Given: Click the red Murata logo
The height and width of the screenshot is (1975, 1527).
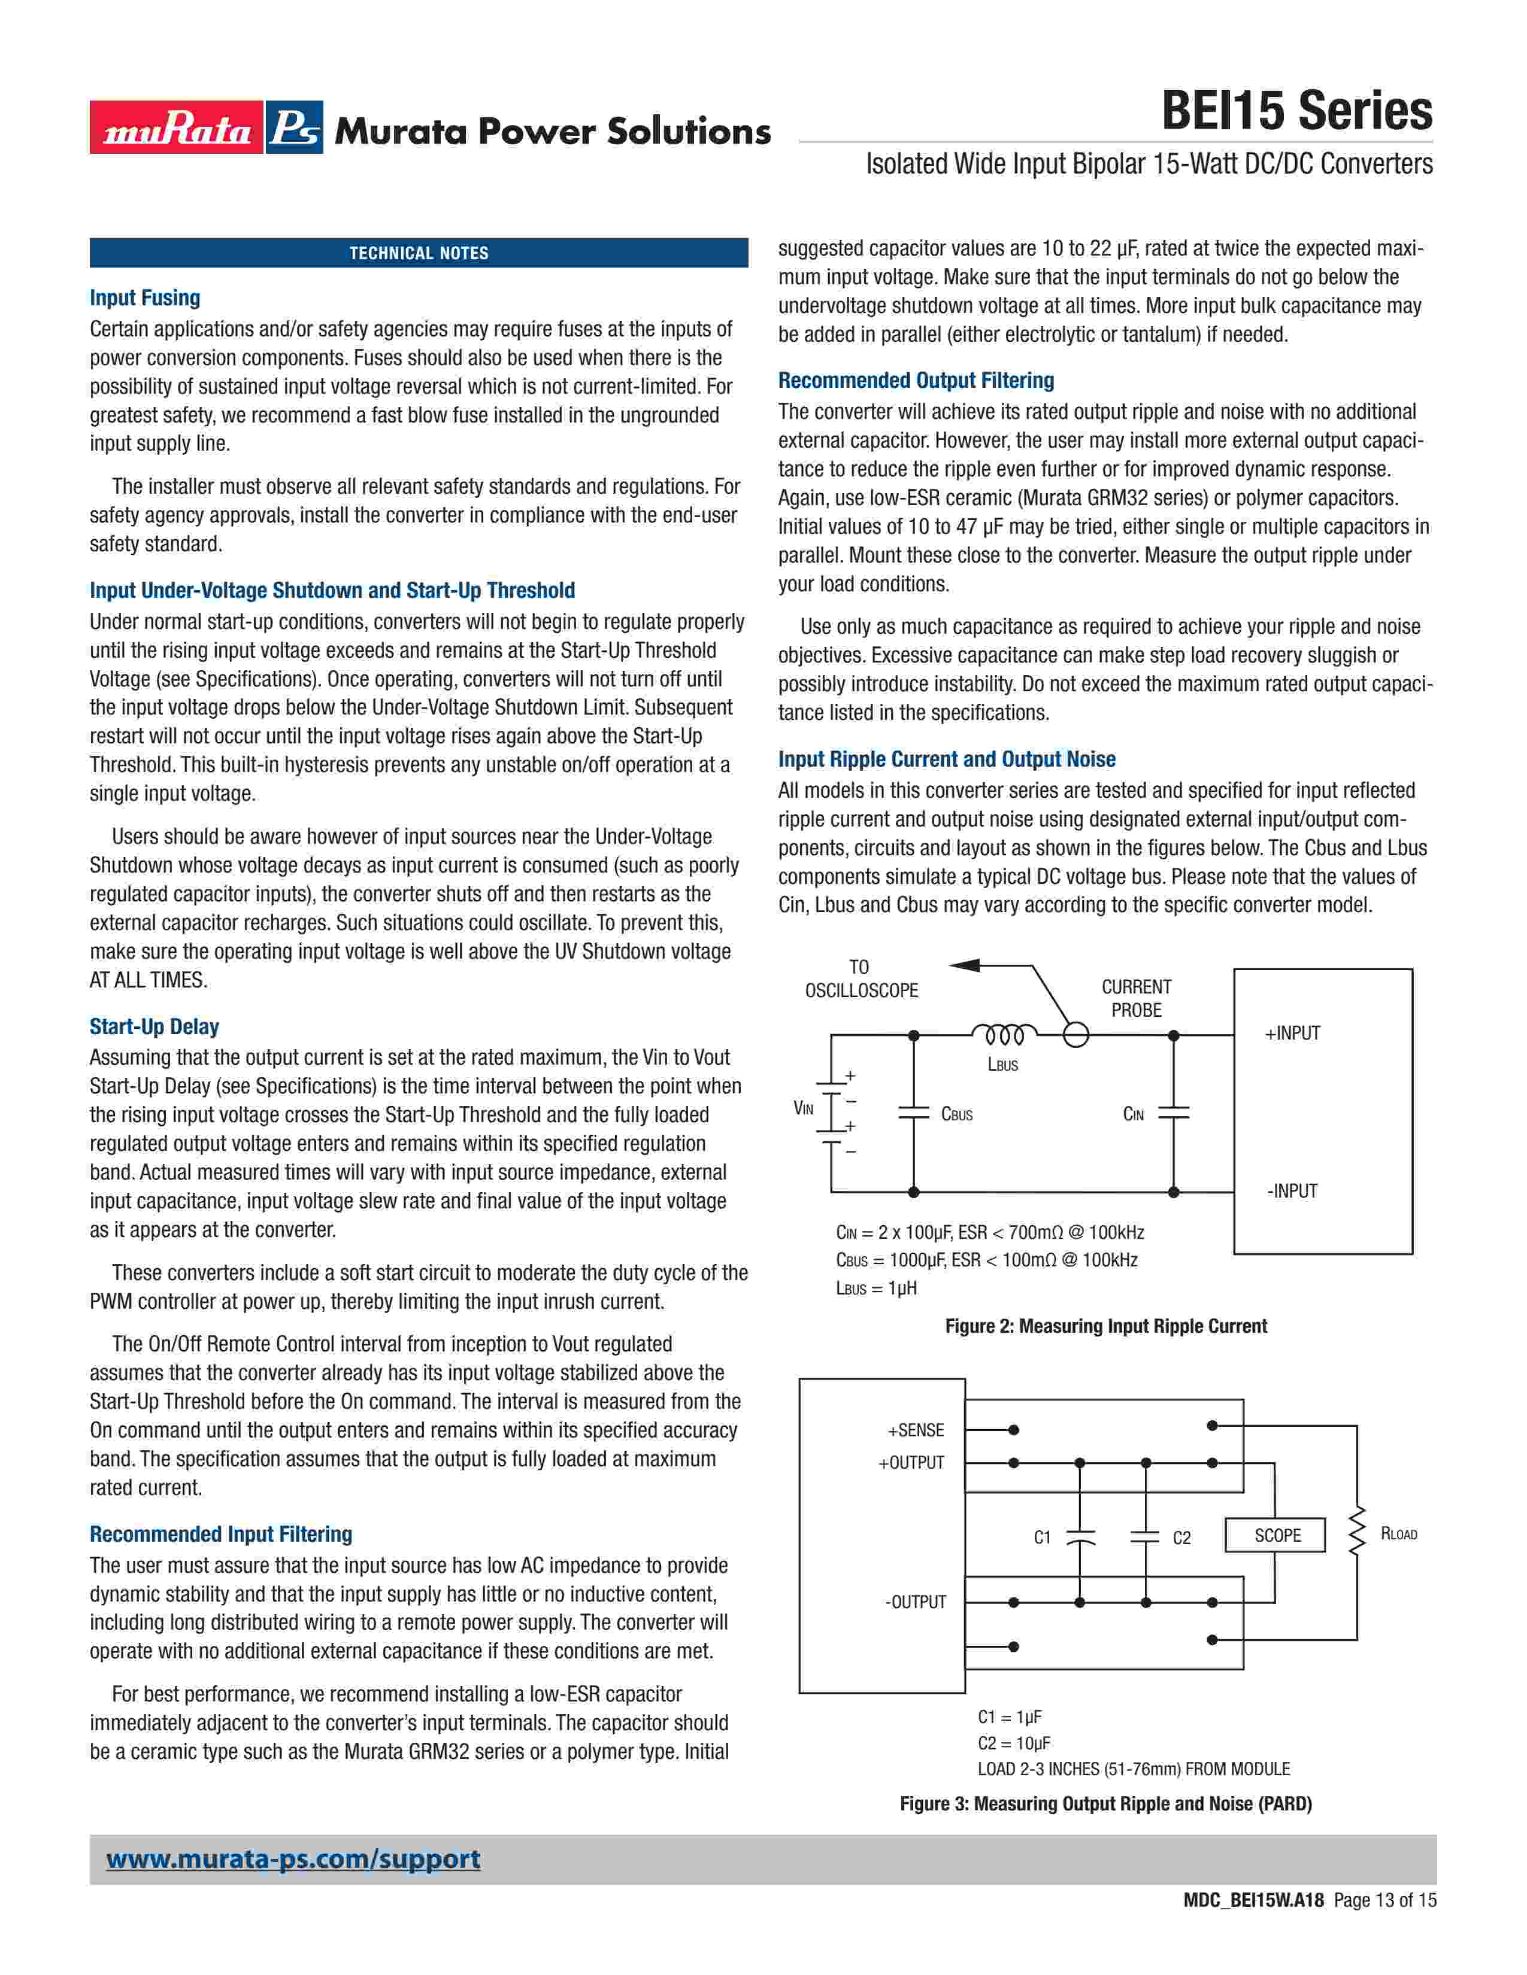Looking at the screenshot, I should [x=177, y=127].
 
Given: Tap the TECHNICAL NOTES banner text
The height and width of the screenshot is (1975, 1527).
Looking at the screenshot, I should [x=419, y=253].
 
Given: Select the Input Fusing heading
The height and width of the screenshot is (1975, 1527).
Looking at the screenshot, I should [x=145, y=297].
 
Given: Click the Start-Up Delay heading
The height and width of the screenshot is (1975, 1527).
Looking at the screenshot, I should [x=154, y=1026].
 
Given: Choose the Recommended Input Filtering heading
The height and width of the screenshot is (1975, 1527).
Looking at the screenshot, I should [x=221, y=1534].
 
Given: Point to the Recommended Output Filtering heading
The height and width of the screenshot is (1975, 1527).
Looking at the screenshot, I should [x=916, y=380].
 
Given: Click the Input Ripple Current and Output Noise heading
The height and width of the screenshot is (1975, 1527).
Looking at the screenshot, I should [x=946, y=759].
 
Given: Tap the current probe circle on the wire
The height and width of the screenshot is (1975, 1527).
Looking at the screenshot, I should [x=1075, y=1035].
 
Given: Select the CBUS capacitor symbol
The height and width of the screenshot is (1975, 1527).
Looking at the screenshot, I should [x=914, y=1113].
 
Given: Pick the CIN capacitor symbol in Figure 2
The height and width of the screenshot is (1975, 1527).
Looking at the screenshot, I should [x=1173, y=1113].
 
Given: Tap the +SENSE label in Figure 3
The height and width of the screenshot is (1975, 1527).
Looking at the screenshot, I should [x=916, y=1430].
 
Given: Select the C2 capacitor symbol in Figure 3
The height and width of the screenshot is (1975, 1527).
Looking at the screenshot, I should [x=1145, y=1536].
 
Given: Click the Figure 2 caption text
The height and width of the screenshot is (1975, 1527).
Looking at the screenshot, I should [x=1105, y=1326].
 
